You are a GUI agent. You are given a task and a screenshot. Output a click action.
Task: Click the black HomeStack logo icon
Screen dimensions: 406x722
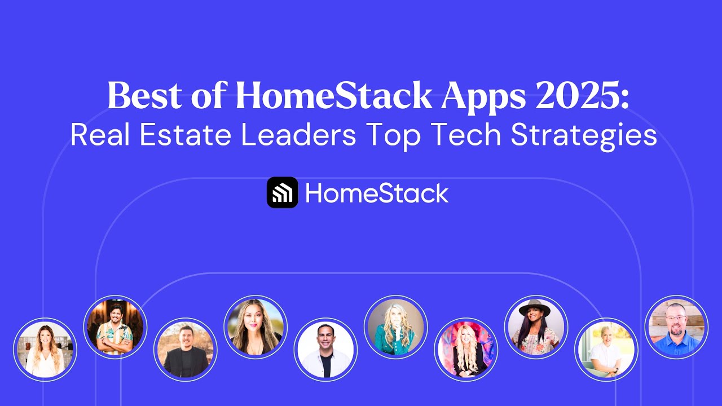282,193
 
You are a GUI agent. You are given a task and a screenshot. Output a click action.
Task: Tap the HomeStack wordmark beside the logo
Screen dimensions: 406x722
377,193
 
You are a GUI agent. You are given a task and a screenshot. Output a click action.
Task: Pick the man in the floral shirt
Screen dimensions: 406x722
115,327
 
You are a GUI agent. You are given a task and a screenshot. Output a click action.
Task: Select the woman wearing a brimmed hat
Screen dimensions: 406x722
536,328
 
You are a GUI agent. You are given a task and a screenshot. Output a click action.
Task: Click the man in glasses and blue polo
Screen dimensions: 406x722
676,327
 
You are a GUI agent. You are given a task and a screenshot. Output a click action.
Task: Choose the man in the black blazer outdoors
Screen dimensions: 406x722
185,350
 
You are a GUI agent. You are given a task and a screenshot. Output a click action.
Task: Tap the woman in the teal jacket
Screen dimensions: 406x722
395,327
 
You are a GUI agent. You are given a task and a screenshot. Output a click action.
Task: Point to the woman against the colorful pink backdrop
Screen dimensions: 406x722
466,350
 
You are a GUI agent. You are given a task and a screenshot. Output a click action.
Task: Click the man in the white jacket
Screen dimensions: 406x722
325,350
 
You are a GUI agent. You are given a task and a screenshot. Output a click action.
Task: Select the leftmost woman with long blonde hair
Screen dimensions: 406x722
45,350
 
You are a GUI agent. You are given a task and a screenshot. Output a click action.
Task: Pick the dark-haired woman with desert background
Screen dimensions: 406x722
256,327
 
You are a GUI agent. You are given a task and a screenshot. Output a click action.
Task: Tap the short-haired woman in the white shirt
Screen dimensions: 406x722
606,350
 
